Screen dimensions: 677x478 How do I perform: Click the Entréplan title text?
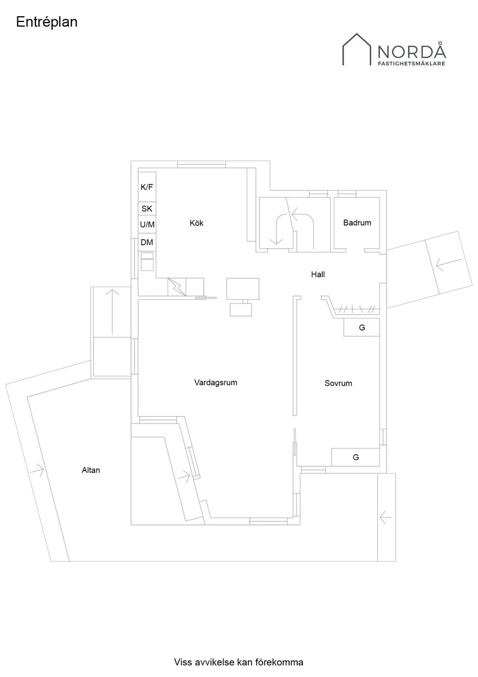coord(47,22)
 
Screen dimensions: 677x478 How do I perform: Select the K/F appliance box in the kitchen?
coord(147,187)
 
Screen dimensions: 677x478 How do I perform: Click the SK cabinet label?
coord(147,209)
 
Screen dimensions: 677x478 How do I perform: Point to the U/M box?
coord(147,225)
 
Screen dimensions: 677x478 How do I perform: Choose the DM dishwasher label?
coord(147,242)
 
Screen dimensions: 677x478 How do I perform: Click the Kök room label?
coord(196,223)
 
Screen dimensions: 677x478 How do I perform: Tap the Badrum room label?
coord(357,223)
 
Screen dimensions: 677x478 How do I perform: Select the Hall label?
coord(318,274)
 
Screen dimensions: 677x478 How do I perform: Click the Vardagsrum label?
coord(216,383)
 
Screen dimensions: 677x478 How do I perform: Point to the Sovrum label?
coord(338,383)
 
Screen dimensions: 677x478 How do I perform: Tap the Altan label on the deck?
coord(91,470)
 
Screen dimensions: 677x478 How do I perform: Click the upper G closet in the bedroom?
coord(362,328)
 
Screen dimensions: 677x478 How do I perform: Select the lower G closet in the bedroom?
coord(356,457)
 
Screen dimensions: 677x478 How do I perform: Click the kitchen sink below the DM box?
coord(147,262)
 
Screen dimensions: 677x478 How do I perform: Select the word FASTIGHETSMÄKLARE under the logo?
coord(411,64)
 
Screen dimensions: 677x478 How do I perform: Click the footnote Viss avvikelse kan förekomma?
coord(239,662)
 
